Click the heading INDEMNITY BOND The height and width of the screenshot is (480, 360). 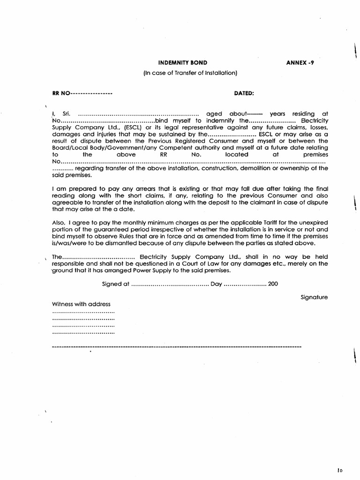(x=183, y=62)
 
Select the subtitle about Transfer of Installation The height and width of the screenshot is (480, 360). (x=190, y=73)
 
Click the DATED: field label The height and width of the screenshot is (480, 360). (x=244, y=93)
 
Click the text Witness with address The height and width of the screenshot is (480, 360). (x=81, y=304)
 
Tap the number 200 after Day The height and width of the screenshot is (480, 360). (x=273, y=284)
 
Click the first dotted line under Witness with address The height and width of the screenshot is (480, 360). (x=83, y=312)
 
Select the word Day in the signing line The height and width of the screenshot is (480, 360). (x=216, y=284)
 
